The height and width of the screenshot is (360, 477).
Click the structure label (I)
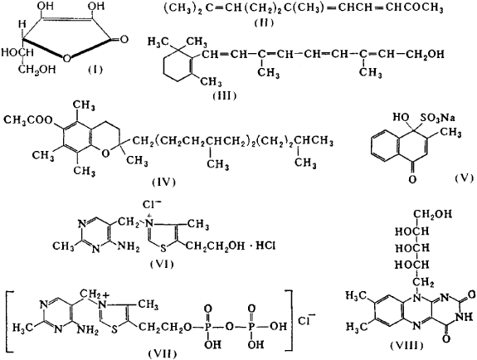point(95,70)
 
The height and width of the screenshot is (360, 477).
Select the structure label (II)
point(264,22)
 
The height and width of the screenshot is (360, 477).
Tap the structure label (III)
point(225,96)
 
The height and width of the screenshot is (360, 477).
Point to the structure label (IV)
point(163,182)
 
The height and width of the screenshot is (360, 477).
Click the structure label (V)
point(465,178)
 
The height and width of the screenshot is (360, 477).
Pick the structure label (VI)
point(162,264)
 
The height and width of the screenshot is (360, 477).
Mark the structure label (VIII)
point(407,346)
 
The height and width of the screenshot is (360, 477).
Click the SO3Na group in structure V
point(438,118)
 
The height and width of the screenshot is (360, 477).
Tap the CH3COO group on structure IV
point(28,121)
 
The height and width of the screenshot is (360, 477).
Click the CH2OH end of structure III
point(425,54)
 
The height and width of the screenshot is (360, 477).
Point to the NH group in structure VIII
point(465,317)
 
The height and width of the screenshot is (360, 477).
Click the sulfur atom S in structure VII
point(114,330)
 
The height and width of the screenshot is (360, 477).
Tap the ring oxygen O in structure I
point(66,57)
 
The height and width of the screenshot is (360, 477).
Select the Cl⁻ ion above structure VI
point(152,205)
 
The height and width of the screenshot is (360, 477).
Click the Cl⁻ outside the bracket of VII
point(304,320)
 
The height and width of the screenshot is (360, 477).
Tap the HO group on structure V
point(401,118)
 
